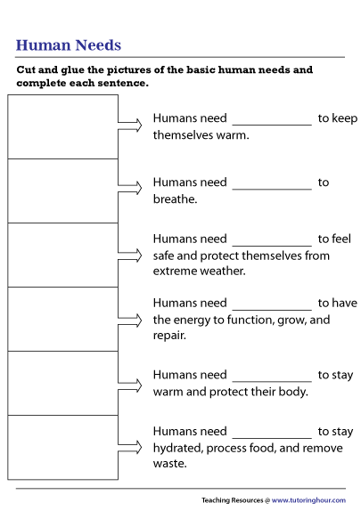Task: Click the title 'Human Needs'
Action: point(69,45)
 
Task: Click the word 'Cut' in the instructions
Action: point(28,69)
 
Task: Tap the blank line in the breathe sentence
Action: point(272,187)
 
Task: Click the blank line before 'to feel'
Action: point(272,244)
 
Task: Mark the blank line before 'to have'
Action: point(272,308)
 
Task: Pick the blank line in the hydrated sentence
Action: point(272,436)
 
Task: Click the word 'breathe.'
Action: point(175,199)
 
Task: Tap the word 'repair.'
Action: point(169,336)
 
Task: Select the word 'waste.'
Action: point(169,464)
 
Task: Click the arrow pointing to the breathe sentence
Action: point(131,189)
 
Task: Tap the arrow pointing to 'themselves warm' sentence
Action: point(131,125)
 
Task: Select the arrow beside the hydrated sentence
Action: point(131,445)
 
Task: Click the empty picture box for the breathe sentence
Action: point(62,191)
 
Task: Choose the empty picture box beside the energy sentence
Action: point(62,319)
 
